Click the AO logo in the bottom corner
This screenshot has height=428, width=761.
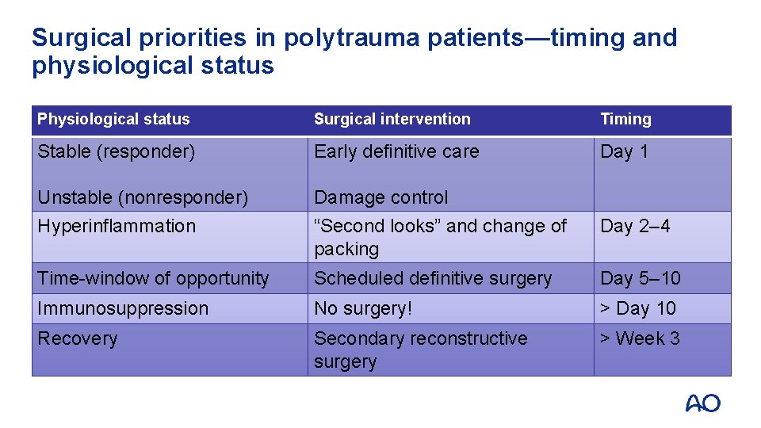point(702,403)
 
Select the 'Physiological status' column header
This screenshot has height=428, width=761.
point(113,120)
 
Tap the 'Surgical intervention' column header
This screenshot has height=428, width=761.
point(392,120)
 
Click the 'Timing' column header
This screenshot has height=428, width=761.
point(625,120)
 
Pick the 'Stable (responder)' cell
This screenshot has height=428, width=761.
point(116,151)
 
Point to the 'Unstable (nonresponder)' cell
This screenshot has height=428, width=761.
point(143,197)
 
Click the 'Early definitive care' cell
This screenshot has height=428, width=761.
point(396,151)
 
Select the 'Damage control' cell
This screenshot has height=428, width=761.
point(380,197)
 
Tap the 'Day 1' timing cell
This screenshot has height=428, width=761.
point(624,151)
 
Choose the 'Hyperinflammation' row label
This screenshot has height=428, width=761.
point(117,226)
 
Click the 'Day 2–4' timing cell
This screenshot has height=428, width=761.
point(635,226)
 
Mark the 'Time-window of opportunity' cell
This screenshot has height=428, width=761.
point(153,278)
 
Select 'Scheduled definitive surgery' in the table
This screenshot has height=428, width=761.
point(432,278)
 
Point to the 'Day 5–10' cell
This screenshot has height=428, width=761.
point(640,278)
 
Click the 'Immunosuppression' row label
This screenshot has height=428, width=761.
point(123,308)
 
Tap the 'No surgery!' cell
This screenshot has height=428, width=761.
point(363,308)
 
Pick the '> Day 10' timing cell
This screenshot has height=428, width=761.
point(637,308)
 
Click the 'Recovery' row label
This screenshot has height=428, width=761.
point(77,338)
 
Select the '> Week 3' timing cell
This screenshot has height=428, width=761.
point(640,338)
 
